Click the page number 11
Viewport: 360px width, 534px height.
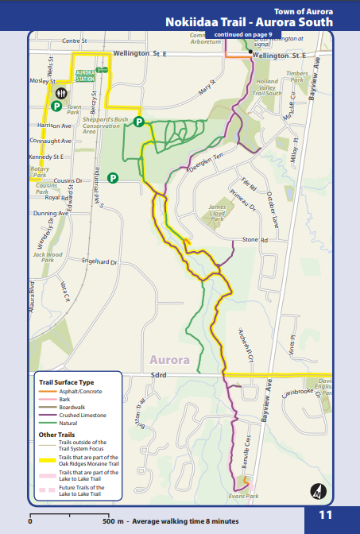coord(326,515)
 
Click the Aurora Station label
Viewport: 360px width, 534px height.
coord(85,77)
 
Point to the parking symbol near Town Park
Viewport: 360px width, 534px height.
coord(57,104)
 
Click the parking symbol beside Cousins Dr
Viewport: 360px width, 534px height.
coord(113,177)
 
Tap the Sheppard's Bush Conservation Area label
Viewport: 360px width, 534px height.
coord(106,126)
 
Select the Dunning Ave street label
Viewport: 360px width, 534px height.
coord(51,213)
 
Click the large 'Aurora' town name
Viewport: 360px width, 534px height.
coord(168,359)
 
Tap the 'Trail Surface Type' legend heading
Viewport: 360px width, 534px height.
coord(67,383)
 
